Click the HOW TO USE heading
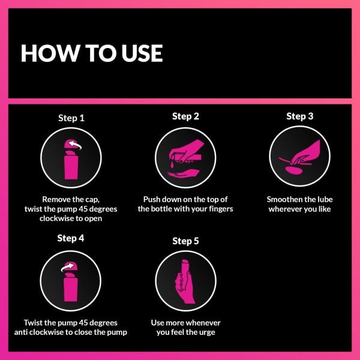[x=92, y=53]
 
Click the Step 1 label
[x=71, y=118]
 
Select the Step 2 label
[x=185, y=116]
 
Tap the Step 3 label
[x=299, y=116]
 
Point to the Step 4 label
[x=71, y=238]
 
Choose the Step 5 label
[x=185, y=241]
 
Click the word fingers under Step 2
[x=218, y=209]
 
